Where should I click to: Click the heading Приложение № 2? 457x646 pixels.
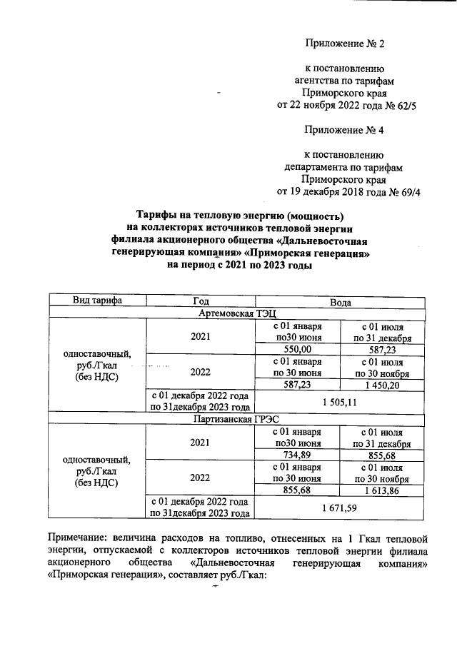pyautogui.click(x=344, y=44)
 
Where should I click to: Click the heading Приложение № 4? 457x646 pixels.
pyautogui.click(x=344, y=130)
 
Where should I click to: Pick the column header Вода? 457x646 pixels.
pyautogui.click(x=340, y=301)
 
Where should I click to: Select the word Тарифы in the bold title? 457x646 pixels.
pyautogui.click(x=158, y=216)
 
